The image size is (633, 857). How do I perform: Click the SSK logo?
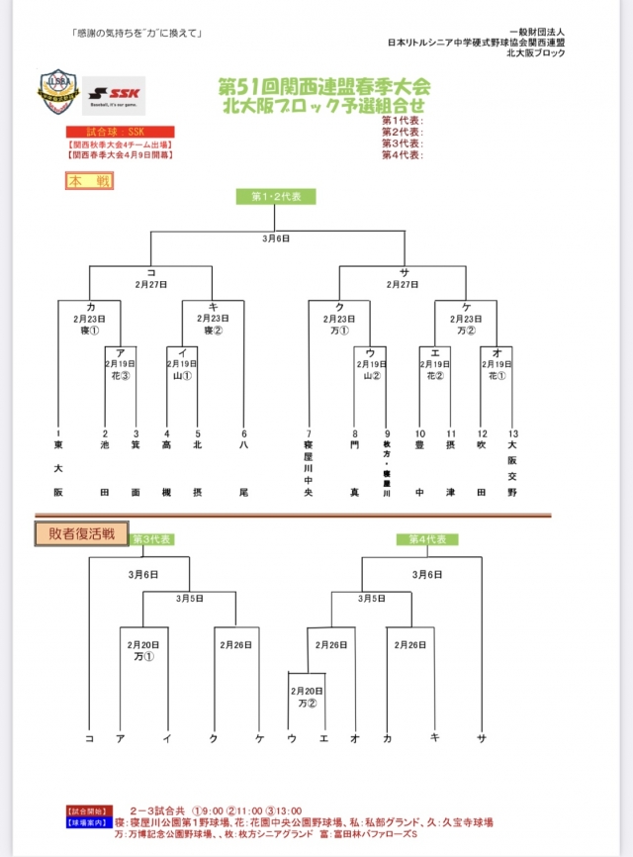coord(113,95)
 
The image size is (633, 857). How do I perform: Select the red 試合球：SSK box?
coord(120,132)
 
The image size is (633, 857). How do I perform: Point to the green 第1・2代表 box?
coord(275,196)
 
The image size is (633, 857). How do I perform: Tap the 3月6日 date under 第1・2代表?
coord(275,238)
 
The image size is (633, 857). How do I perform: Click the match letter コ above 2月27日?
coord(151,271)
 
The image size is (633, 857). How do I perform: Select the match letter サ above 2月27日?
coord(405,271)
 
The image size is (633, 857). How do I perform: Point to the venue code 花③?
coord(120,376)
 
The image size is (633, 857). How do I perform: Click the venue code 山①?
coord(182,376)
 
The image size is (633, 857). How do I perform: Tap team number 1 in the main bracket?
coord(58,433)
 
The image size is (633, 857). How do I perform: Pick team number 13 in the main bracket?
coord(511,433)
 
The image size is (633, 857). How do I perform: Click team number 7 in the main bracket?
coord(309,433)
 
